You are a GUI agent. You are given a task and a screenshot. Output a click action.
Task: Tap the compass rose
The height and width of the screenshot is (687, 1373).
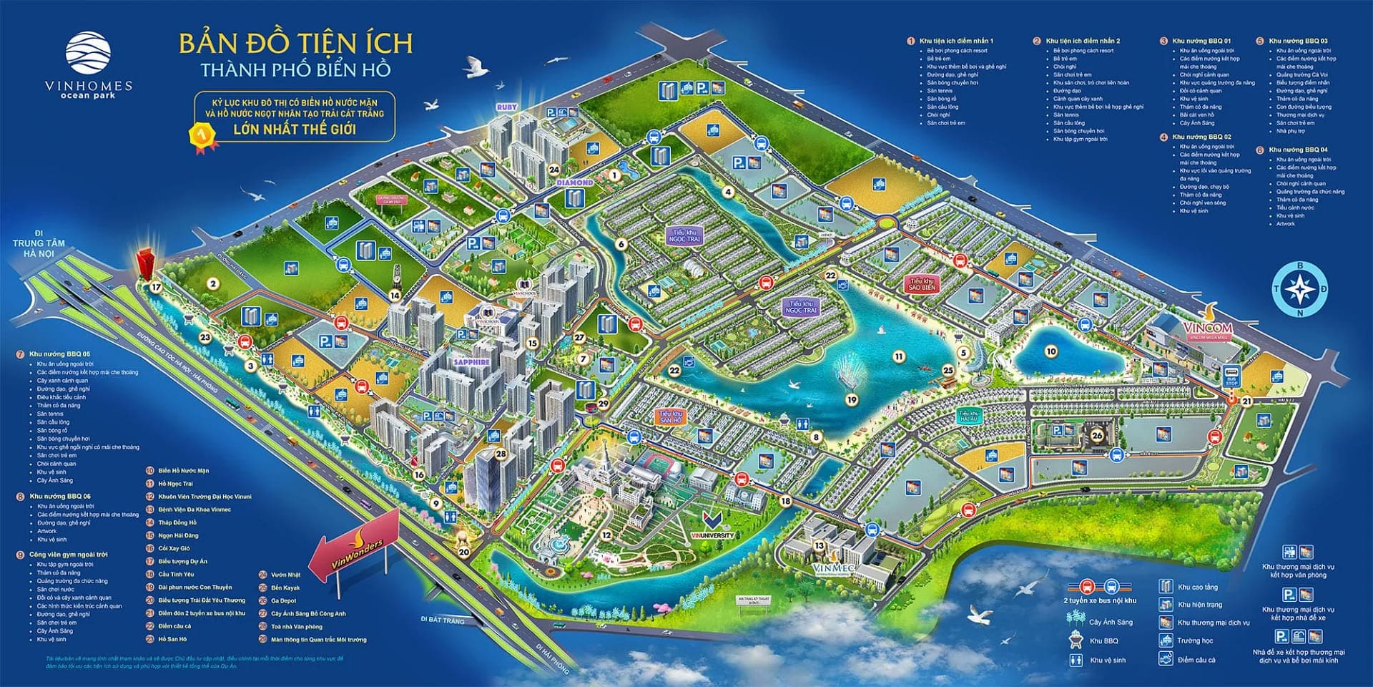pyautogui.click(x=1299, y=289)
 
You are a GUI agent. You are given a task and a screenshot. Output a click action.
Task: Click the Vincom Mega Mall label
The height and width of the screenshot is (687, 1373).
pyautogui.click(x=1208, y=331)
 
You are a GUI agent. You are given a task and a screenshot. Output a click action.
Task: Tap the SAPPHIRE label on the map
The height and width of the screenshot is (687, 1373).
pyautogui.click(x=471, y=362)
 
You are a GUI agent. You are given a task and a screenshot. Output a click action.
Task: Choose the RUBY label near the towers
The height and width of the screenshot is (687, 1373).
pyautogui.click(x=506, y=107)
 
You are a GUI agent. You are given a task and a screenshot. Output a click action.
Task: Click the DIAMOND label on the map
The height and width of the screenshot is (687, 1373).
pyautogui.click(x=574, y=183)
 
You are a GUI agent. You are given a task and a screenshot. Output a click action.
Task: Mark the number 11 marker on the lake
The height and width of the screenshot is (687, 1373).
pyautogui.click(x=899, y=356)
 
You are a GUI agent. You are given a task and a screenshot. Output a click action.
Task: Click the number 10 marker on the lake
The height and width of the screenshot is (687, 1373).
pyautogui.click(x=1050, y=351)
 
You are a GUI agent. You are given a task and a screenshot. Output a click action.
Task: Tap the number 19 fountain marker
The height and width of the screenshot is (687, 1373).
pyautogui.click(x=852, y=400)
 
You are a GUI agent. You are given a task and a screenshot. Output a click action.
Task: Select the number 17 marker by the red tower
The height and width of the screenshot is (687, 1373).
pyautogui.click(x=156, y=287)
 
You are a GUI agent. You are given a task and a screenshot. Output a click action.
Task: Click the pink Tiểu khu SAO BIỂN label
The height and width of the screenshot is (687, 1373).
pyautogui.click(x=922, y=284)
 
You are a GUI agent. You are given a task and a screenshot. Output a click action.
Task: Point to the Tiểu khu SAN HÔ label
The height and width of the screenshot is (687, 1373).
pyautogui.click(x=671, y=416)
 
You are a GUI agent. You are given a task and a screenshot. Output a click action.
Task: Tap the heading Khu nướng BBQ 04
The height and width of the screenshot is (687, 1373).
pyautogui.click(x=1298, y=150)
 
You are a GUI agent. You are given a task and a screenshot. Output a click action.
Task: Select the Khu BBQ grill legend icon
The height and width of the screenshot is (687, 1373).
pyautogui.click(x=1076, y=640)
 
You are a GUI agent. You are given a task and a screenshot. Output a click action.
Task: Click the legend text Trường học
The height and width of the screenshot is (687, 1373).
pyautogui.click(x=1194, y=640)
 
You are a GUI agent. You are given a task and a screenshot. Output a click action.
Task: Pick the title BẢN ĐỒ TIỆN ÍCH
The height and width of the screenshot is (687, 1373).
pyautogui.click(x=295, y=44)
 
